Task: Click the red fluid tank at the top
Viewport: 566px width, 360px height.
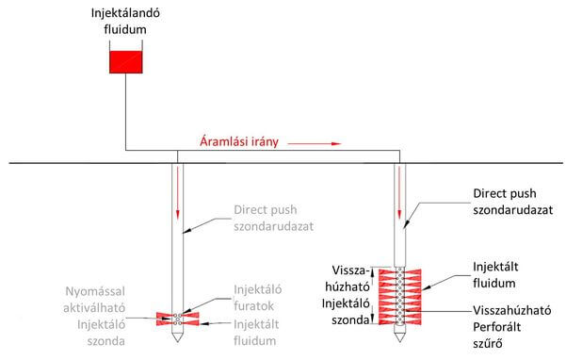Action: coord(123,63)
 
